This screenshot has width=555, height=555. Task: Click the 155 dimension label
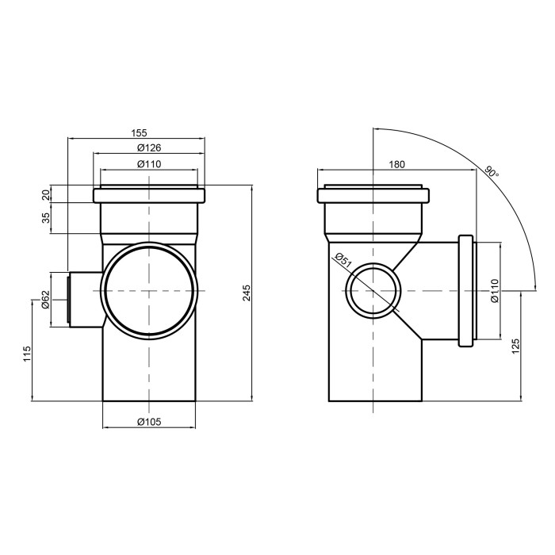pos(139,133)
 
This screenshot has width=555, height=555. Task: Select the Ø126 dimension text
pos(149,147)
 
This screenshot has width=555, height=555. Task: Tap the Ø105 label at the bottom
pos(149,422)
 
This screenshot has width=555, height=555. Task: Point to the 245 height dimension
pos(247,293)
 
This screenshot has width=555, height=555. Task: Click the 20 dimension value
pos(46,195)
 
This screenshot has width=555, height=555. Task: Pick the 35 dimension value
pos(46,218)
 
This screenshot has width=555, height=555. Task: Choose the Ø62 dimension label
pos(46,300)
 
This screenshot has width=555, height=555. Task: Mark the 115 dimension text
pos(27,354)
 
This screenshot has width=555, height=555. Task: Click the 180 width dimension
pos(396,164)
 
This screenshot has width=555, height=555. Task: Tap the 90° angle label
pos(492,172)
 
